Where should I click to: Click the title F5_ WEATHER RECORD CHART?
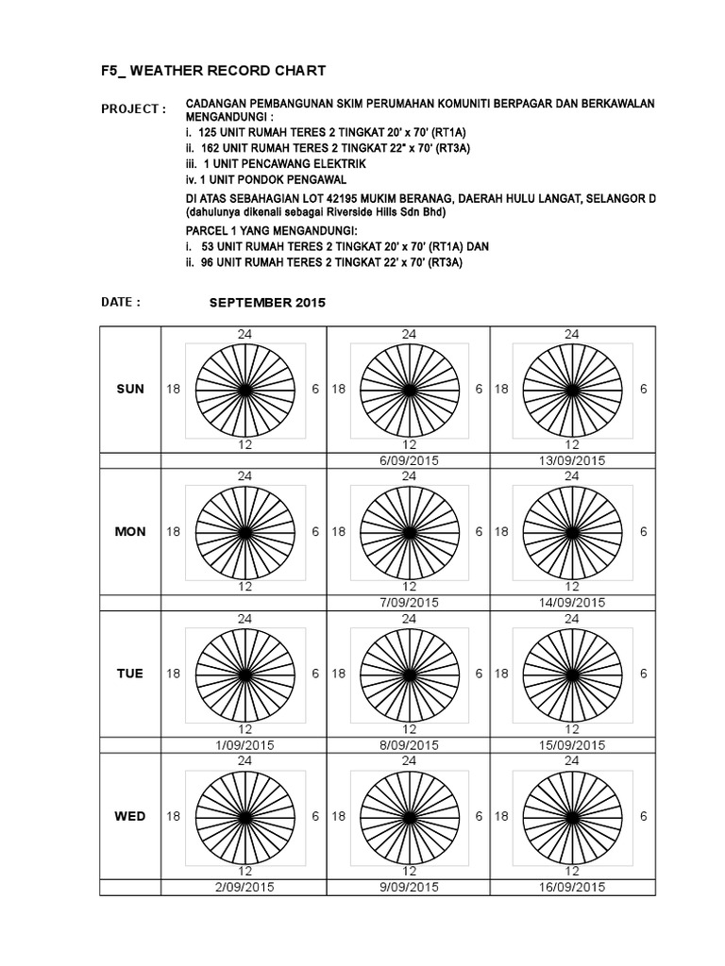click(213, 71)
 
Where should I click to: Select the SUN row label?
click(130, 389)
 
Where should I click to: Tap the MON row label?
click(130, 531)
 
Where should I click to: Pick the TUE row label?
click(130, 674)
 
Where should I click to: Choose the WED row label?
click(130, 816)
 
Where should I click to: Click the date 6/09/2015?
click(409, 460)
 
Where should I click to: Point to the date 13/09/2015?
click(571, 460)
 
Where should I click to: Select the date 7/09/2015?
click(409, 602)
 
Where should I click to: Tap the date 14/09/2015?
click(571, 602)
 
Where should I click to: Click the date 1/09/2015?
click(244, 744)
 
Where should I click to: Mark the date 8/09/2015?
click(409, 744)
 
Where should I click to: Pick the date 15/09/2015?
click(571, 744)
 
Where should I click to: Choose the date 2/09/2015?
click(244, 887)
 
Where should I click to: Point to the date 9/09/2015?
click(409, 887)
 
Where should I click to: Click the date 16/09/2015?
click(571, 887)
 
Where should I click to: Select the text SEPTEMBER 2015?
click(267, 303)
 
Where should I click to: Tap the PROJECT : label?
click(133, 108)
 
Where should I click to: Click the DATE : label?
click(120, 302)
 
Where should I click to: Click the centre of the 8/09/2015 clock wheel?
click(409, 674)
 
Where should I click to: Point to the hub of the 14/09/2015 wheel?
click(572, 532)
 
